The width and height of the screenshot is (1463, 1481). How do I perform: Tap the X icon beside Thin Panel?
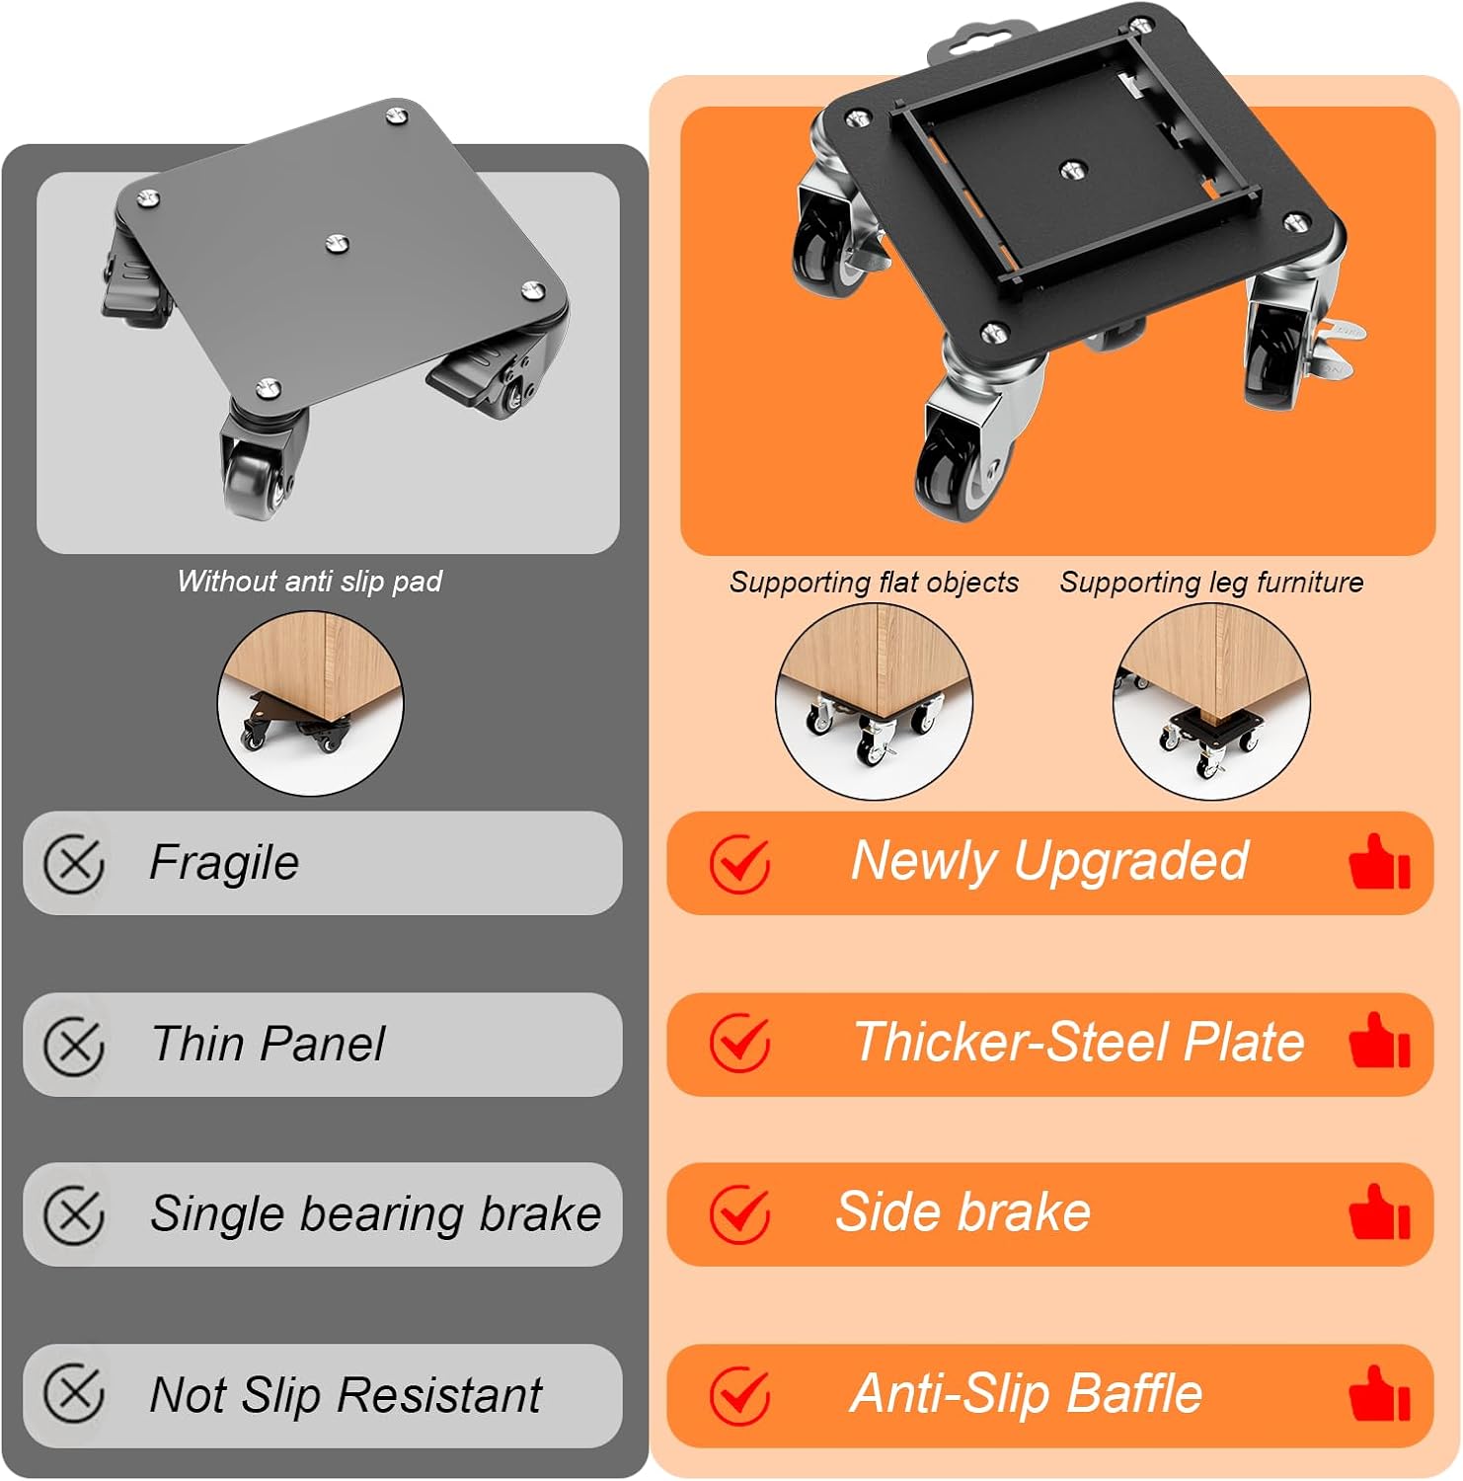[x=74, y=1045]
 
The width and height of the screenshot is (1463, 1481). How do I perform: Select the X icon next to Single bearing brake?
[x=74, y=1214]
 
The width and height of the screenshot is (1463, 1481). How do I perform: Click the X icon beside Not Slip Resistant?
[x=74, y=1394]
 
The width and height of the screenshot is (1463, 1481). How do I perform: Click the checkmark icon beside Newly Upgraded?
[x=740, y=864]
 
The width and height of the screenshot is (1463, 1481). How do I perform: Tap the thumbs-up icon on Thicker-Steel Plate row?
[x=1380, y=1041]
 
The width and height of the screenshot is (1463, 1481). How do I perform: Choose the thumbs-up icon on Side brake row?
[x=1380, y=1211]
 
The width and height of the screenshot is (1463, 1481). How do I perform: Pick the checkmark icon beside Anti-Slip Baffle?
[x=740, y=1395]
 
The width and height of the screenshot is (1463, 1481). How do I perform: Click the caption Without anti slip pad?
[x=310, y=582]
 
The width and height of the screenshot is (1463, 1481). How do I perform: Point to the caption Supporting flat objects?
[x=874, y=583]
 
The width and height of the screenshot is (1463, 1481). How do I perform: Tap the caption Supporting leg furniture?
[x=1211, y=583]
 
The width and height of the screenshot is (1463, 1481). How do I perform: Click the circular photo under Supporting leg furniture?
[x=1211, y=702]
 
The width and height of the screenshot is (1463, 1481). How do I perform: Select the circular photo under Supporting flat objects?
[x=874, y=702]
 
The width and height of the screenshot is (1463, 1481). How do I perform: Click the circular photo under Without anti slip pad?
[x=310, y=703]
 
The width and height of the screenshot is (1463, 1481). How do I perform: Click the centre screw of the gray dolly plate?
[x=337, y=242]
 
